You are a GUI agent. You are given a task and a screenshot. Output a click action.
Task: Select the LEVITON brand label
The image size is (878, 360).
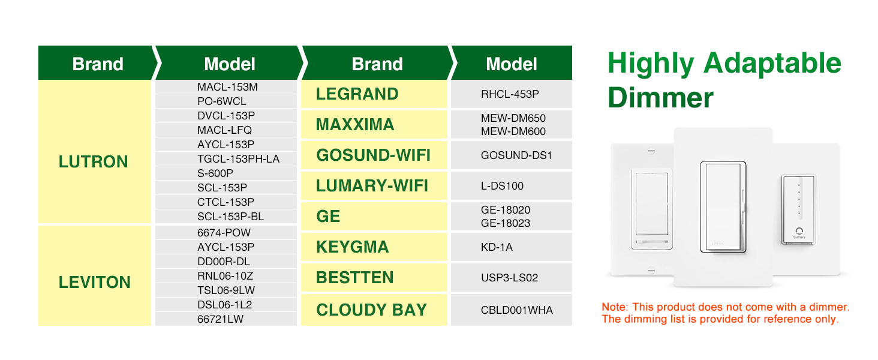click(x=95, y=283)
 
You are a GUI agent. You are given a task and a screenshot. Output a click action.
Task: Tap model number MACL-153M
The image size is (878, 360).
click(x=227, y=87)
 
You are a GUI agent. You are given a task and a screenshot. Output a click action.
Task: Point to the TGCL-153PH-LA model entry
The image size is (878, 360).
click(x=238, y=159)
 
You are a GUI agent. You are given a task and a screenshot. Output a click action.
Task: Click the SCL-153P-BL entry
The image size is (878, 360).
click(x=230, y=217)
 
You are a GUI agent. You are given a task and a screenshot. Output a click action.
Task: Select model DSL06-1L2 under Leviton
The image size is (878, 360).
click(x=224, y=305)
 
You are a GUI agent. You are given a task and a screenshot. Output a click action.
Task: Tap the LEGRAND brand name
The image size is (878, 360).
click(x=357, y=94)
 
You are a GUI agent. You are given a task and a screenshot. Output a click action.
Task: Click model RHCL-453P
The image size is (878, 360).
click(x=510, y=94)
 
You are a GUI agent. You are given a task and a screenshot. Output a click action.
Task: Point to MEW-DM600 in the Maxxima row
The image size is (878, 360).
click(x=513, y=131)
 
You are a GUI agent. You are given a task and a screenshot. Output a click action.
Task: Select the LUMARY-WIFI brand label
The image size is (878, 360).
click(x=372, y=186)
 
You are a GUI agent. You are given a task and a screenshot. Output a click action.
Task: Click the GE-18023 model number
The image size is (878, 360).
click(x=506, y=223)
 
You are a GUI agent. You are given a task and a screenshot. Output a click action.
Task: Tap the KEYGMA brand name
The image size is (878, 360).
click(x=353, y=247)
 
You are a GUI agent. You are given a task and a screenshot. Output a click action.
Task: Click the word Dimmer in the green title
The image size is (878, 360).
click(x=660, y=98)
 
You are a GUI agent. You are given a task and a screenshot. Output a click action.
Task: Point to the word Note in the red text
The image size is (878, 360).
click(x=614, y=307)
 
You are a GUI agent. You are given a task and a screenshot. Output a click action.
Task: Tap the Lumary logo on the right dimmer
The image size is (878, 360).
click(x=799, y=233)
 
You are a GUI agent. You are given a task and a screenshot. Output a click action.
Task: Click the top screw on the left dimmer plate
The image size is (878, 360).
click(x=651, y=151)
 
